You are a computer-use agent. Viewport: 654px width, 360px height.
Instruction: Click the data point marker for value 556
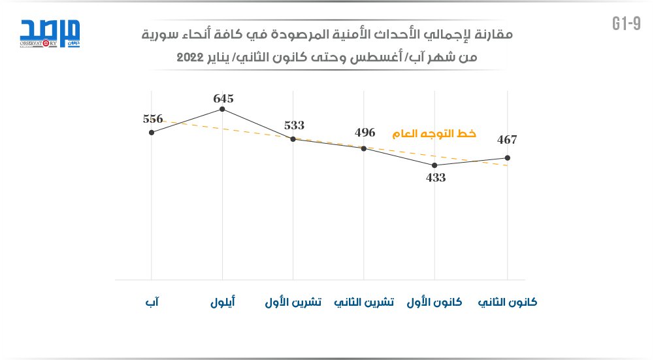click(x=152, y=132)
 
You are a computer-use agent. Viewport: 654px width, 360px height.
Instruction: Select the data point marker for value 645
click(x=223, y=109)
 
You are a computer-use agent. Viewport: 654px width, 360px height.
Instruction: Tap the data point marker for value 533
click(x=293, y=139)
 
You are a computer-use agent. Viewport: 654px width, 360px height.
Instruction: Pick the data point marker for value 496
click(x=364, y=148)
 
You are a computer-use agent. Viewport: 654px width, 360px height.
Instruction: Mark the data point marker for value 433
click(x=435, y=165)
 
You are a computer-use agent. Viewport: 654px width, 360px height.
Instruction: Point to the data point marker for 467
click(x=507, y=157)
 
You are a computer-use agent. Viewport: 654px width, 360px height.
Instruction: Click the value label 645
click(x=223, y=99)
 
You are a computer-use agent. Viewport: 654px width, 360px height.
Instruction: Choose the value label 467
click(x=506, y=139)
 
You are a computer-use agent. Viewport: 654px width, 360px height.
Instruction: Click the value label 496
click(x=365, y=133)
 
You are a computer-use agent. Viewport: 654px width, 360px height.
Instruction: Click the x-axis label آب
click(x=152, y=303)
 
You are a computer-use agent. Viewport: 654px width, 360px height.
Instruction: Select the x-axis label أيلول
click(x=223, y=303)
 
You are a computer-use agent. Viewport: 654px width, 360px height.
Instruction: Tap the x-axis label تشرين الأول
click(x=293, y=303)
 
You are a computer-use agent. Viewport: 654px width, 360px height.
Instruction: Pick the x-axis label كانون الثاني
click(x=508, y=303)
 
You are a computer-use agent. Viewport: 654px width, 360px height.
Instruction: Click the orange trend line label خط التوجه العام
click(x=434, y=134)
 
